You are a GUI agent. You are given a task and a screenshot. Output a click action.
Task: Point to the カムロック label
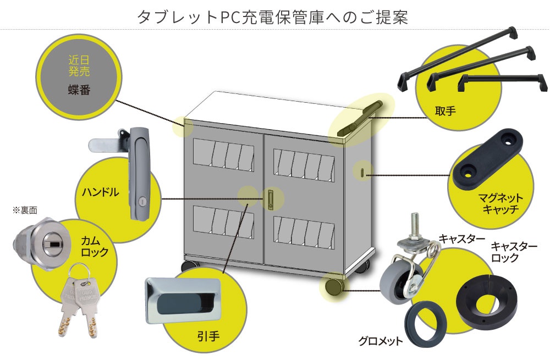(x=95, y=247)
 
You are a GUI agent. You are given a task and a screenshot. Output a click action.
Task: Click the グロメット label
(x=381, y=341)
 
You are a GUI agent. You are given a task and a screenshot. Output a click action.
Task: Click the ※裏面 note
(x=23, y=210)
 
